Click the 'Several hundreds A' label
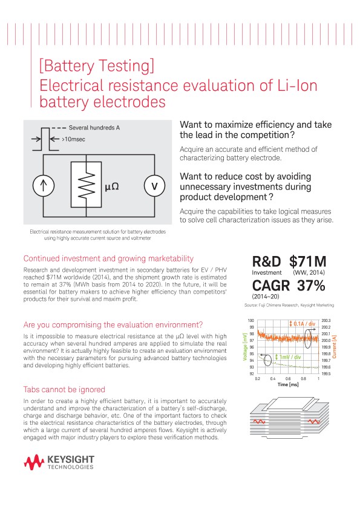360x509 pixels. tap(94, 128)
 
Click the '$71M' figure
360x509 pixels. tap(308, 262)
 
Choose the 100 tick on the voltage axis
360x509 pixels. tap(251, 320)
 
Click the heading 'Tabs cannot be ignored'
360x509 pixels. tap(64, 389)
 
